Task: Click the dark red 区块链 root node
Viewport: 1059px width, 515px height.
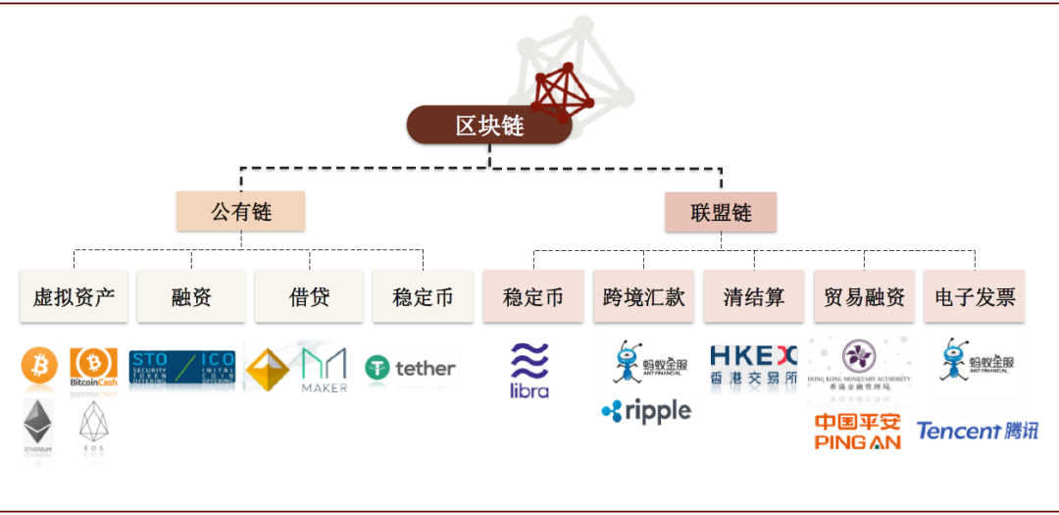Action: click(x=489, y=125)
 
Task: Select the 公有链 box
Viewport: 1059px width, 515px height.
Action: click(x=240, y=211)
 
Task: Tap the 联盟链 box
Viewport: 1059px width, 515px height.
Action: click(x=721, y=212)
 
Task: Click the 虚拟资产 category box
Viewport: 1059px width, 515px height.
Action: click(x=74, y=296)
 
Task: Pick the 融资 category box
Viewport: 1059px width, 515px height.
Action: click(x=191, y=296)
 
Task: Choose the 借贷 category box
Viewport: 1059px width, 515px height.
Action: click(x=309, y=296)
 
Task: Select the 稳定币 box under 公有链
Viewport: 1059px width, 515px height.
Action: click(x=423, y=296)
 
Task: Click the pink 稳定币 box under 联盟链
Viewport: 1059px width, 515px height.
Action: click(x=533, y=296)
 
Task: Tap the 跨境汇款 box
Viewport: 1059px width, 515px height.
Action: click(x=644, y=296)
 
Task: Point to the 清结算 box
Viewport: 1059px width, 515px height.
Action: click(x=754, y=296)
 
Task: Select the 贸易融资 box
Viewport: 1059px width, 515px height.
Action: click(x=864, y=296)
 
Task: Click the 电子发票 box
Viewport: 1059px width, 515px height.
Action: click(x=975, y=296)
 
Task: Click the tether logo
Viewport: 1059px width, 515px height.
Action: click(x=410, y=369)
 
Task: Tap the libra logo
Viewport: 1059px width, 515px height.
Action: click(x=529, y=371)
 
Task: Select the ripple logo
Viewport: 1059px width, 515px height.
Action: click(x=646, y=411)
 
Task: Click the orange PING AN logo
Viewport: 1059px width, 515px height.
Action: click(x=858, y=432)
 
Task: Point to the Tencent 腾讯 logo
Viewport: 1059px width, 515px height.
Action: click(x=977, y=431)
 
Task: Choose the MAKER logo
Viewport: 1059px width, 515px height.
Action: click(x=324, y=370)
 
